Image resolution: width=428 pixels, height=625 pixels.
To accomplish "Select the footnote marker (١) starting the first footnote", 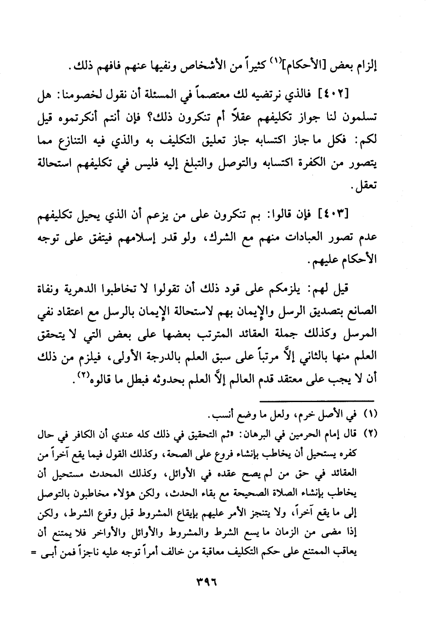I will (x=372, y=415).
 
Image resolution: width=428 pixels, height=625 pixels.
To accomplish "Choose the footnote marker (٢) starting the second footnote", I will (x=372, y=433).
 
